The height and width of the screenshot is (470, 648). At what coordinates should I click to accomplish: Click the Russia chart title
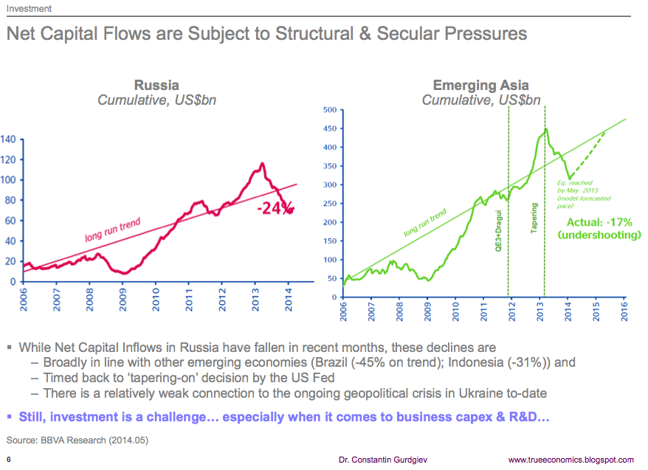pyautogui.click(x=156, y=86)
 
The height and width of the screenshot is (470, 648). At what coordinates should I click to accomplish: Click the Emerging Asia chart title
pyautogui.click(x=480, y=86)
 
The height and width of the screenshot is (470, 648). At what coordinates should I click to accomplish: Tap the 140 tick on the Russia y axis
pyautogui.click(x=8, y=139)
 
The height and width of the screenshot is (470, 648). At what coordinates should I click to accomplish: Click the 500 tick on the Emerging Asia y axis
pyautogui.click(x=329, y=111)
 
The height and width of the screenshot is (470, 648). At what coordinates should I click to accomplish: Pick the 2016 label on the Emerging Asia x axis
pyautogui.click(x=624, y=310)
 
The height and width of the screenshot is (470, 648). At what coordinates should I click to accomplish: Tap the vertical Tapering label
pyautogui.click(x=534, y=220)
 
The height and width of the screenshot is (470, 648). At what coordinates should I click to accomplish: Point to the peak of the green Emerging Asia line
pyautogui.click(x=545, y=130)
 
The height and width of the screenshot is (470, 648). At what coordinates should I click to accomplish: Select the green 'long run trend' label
pyautogui.click(x=424, y=224)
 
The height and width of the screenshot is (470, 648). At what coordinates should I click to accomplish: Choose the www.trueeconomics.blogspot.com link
pyautogui.click(x=571, y=460)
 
